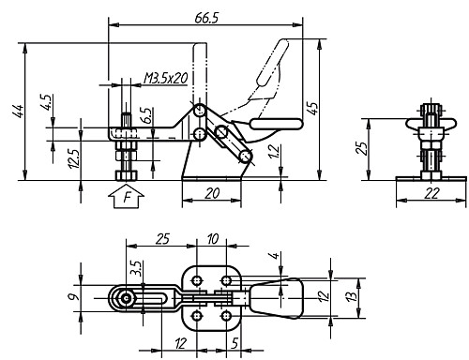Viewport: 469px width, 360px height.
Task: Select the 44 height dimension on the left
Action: pos(17,112)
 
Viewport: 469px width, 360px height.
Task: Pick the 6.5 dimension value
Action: pos(146,115)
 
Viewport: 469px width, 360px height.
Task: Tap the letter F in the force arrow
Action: pos(126,199)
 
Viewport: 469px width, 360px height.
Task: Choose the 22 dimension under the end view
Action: pos(431,192)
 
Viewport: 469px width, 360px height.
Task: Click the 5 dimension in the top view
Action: pos(234,345)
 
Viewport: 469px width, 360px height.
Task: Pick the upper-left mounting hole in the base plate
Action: pos(199,279)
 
